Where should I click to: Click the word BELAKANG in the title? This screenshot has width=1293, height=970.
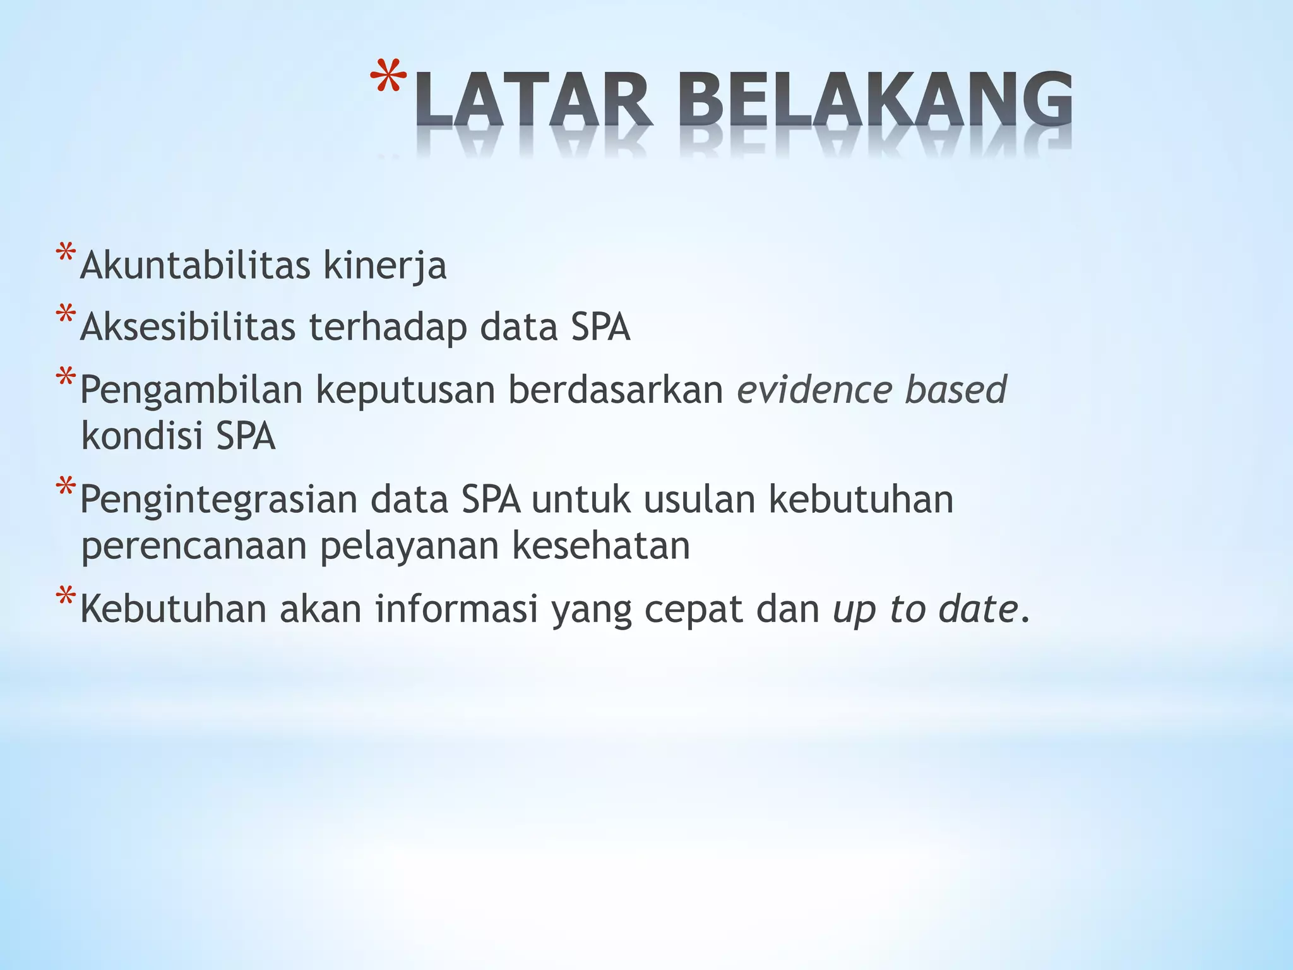pyautogui.click(x=878, y=99)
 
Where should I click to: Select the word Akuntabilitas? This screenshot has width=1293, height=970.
pyautogui.click(x=195, y=265)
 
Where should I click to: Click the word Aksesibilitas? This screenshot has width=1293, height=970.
pyautogui.click(x=188, y=327)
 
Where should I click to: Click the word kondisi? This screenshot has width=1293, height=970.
pyautogui.click(x=142, y=436)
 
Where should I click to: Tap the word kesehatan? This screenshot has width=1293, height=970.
pyautogui.click(x=600, y=546)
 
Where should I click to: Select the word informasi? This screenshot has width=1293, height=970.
pyautogui.click(x=456, y=609)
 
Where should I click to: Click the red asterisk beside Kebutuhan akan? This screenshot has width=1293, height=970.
pyautogui.click(x=65, y=597)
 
